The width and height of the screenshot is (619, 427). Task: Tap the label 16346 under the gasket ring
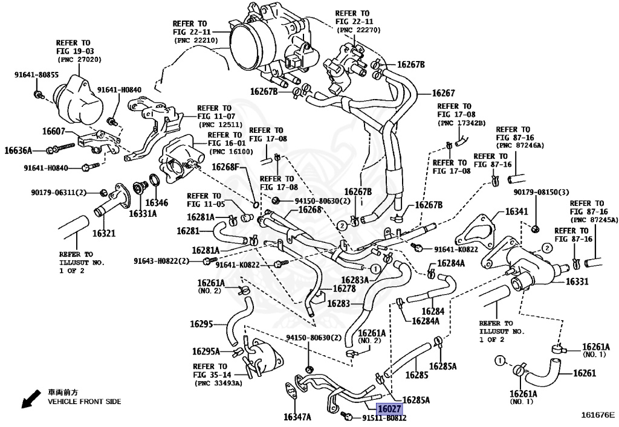coord(157,204)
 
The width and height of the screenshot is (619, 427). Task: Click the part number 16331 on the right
coord(577,281)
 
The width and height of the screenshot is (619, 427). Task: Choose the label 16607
coord(54,131)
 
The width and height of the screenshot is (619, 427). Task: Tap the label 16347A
coord(297,417)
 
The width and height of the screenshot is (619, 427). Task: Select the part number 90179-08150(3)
coord(542,192)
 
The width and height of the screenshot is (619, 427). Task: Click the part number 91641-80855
coord(36,75)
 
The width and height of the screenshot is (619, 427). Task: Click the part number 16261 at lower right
coord(585,373)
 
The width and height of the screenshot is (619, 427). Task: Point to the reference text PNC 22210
coord(196,40)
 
